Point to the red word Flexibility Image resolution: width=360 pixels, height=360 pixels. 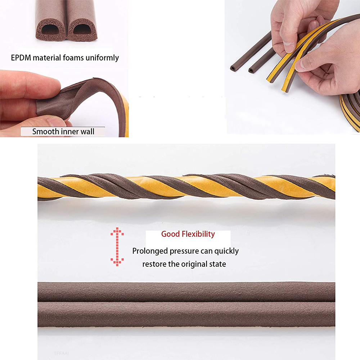click(x=198, y=234)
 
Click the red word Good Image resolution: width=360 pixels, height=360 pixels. click(x=170, y=234)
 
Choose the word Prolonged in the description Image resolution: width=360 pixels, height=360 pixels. click(x=150, y=251)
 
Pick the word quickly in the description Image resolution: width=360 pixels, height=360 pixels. click(x=226, y=251)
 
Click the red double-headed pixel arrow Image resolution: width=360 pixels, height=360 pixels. click(x=117, y=247)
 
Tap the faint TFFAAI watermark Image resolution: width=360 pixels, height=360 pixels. click(x=61, y=354)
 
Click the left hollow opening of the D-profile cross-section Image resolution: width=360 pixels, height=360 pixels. click(x=50, y=30)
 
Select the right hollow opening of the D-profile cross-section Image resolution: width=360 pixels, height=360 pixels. click(x=82, y=30)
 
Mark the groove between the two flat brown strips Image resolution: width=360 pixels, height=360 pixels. click(x=186, y=302)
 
